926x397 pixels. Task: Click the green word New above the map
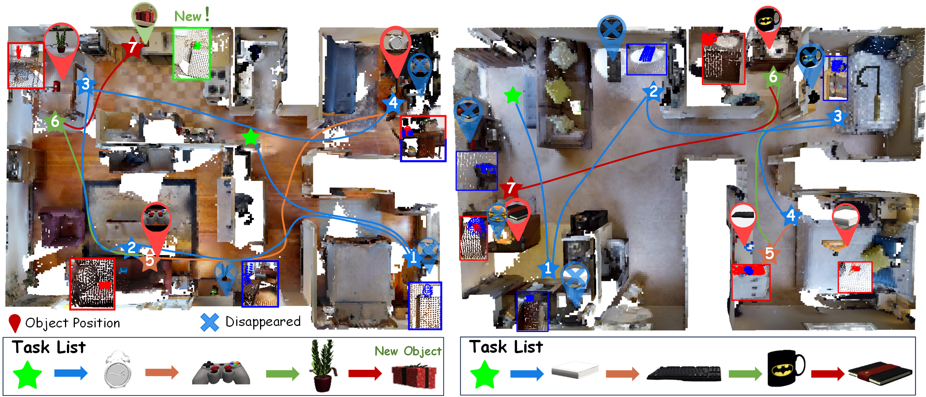pos(188,16)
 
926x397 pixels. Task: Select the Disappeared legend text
pos(263,322)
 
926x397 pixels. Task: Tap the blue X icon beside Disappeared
pos(209,323)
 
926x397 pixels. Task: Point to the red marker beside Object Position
pos(14,323)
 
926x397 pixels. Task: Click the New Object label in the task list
pos(408,351)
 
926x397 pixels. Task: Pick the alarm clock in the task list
pos(118,370)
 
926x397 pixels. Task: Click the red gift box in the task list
pos(414,376)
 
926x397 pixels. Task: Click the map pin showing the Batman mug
pos(768,23)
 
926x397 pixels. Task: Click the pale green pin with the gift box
pos(144,19)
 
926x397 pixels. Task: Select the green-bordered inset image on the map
pos(192,54)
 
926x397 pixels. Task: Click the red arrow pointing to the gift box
pos(365,374)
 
